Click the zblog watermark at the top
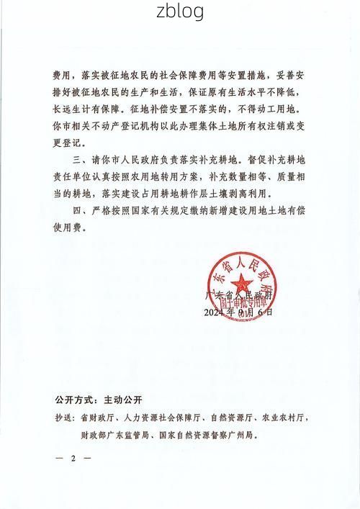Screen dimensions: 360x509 (x=180, y=12)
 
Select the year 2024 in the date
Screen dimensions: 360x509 (x=215, y=312)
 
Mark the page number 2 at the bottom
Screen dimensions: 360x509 (x=73, y=459)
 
